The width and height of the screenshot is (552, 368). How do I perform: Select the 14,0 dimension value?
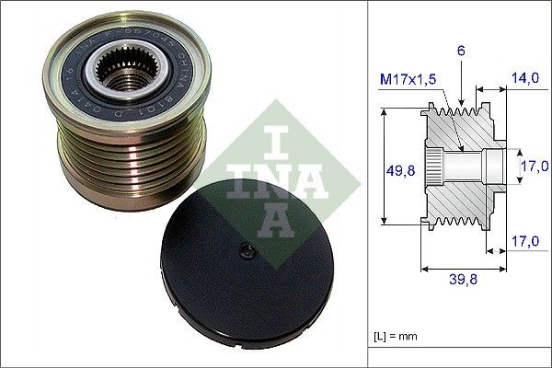coord(526,79)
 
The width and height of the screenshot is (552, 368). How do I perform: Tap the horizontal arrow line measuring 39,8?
coord(463,270)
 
